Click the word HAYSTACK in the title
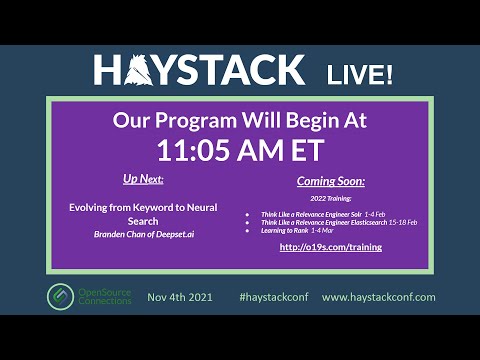(x=199, y=70)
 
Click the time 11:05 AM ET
(x=239, y=150)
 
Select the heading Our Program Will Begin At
(x=239, y=120)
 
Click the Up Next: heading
(x=143, y=179)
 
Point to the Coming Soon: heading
(x=331, y=182)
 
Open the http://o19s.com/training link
(x=331, y=246)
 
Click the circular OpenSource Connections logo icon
(x=60, y=297)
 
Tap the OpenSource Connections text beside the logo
(x=104, y=297)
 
